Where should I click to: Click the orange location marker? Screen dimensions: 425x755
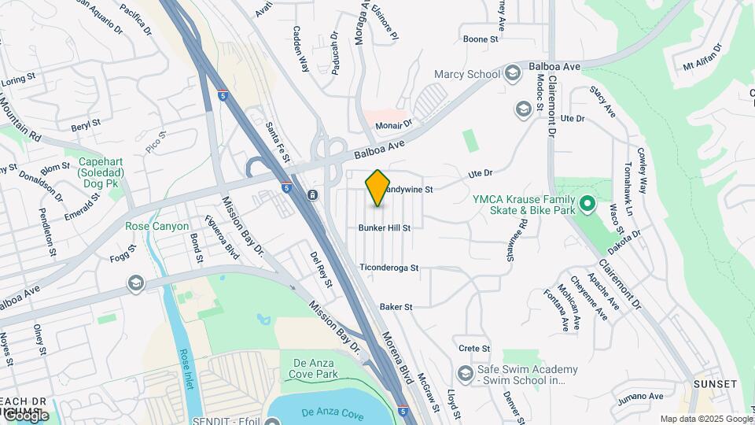[377, 187]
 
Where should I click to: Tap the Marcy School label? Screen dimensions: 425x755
[467, 75]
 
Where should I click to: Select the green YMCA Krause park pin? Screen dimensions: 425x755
[586, 205]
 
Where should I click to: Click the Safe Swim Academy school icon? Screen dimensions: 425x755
[464, 371]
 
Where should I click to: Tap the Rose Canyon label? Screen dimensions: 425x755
[157, 227]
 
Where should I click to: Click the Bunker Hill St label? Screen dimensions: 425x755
[385, 228]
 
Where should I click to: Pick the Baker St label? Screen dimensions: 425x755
[396, 307]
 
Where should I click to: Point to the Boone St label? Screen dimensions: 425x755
[481, 39]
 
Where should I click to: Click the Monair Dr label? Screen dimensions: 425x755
[393, 124]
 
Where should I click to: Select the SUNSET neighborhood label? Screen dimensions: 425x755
[715, 384]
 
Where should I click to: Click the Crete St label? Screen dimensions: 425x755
[474, 349]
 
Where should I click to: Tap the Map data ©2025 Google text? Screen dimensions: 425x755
[705, 419]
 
